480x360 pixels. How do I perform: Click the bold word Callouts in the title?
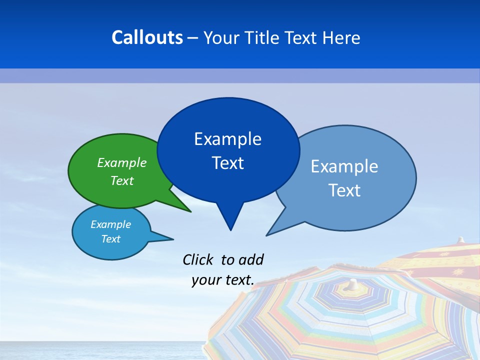point(147,37)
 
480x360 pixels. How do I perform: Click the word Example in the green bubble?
point(122,163)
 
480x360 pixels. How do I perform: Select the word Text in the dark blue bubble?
point(228,163)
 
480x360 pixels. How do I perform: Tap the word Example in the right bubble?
point(344,166)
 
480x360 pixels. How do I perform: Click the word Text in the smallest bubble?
point(111,239)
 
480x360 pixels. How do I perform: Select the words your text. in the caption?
point(223,280)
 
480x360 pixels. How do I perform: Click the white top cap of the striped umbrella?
point(353,283)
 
